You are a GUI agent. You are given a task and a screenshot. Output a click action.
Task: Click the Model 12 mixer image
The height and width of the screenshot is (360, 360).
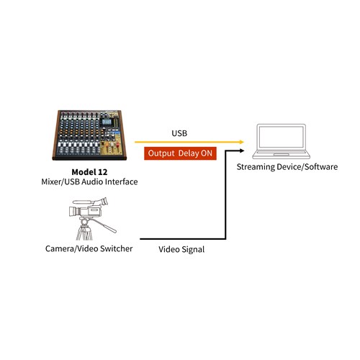pos(89,137)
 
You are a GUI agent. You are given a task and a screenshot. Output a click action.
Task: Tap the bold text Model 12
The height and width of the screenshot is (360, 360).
pos(89,171)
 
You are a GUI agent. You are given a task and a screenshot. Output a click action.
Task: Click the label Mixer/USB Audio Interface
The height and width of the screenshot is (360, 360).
pos(89,182)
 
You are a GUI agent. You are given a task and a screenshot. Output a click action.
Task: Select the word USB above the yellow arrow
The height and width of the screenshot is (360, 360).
pos(179,133)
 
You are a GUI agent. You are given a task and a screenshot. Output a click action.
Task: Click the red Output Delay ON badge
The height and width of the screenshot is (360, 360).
pos(180,153)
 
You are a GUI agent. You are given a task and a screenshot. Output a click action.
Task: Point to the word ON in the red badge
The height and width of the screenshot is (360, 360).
pos(204,153)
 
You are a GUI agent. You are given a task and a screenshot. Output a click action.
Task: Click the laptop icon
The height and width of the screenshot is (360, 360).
pos(281,141)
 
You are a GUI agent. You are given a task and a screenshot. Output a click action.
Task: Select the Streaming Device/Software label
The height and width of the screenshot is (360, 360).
pos(282,167)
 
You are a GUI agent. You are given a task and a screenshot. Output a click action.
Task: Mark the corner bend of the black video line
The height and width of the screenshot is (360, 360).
pos(228,238)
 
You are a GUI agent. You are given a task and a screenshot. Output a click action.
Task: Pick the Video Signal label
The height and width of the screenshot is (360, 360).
pos(181,250)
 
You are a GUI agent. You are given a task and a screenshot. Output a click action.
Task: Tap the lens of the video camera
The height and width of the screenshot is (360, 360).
pos(68,212)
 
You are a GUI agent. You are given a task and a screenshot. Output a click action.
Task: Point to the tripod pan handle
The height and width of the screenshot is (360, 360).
pos(107,227)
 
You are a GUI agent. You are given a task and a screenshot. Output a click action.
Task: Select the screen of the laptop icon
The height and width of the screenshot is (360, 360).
pos(281,138)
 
